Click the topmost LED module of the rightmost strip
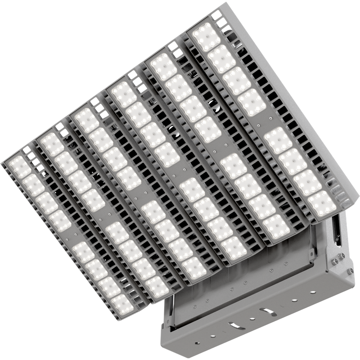click(206, 36)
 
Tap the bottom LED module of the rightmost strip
click(323, 203)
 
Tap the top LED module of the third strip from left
click(86, 120)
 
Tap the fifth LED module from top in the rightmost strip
click(279, 139)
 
